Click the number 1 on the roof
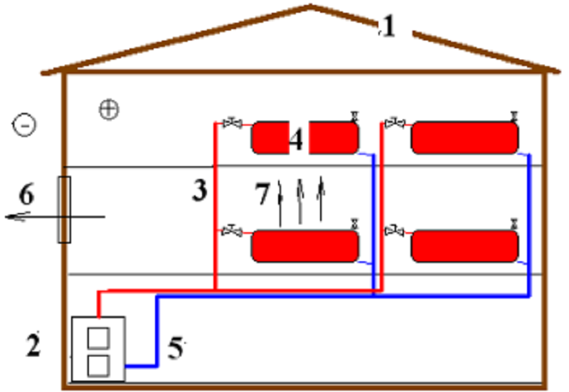click(388, 26)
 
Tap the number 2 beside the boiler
click(33, 344)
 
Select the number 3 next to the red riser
click(200, 190)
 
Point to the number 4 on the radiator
click(296, 140)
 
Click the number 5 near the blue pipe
click(176, 348)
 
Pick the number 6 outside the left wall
click(26, 195)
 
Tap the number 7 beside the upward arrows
click(262, 193)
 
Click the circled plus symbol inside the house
click(109, 109)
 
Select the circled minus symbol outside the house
click(24, 126)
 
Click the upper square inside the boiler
click(98, 338)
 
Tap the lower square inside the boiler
click(98, 366)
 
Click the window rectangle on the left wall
click(64, 209)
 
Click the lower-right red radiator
click(464, 246)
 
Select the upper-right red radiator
click(464, 138)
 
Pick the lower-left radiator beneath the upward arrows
click(305, 246)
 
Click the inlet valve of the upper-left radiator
click(233, 123)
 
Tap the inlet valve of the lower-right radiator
click(395, 231)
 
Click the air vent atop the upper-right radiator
click(514, 116)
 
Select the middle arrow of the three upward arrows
click(299, 202)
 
